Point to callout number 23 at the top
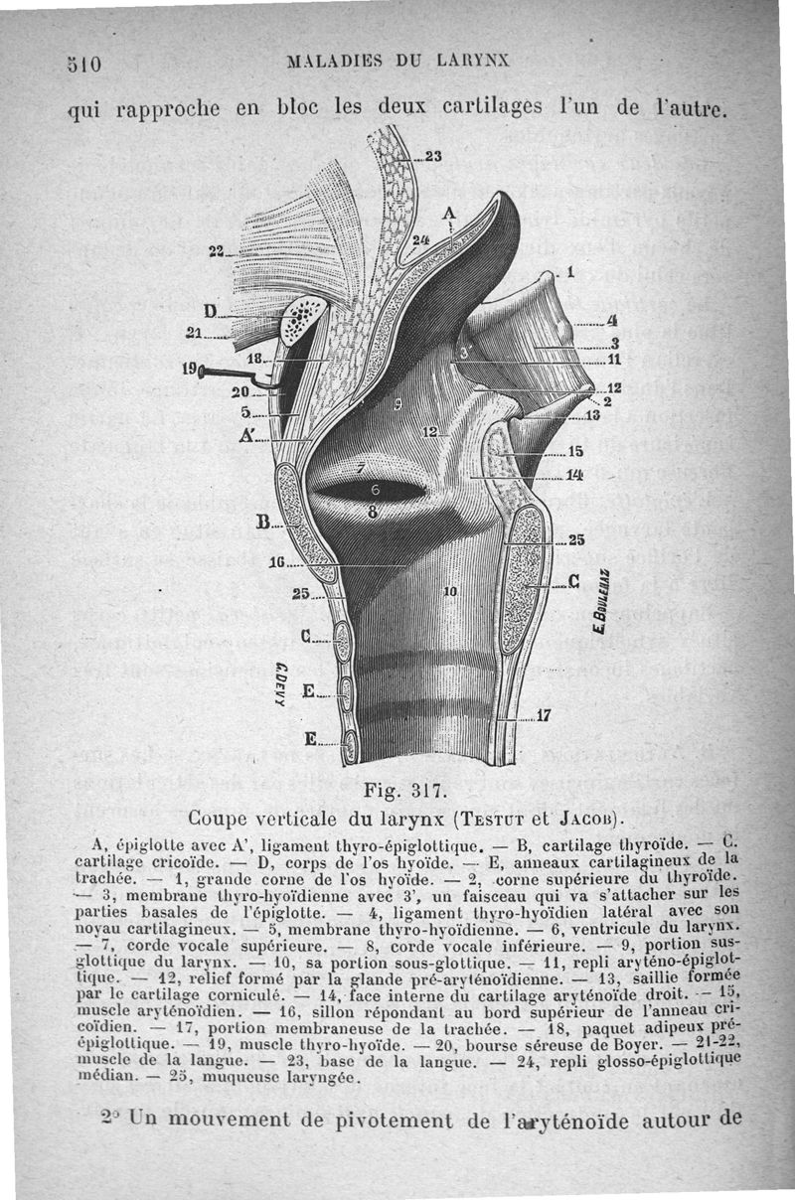pyautogui.click(x=432, y=155)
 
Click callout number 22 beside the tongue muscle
pyautogui.click(x=216, y=250)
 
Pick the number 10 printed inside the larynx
pyautogui.click(x=449, y=592)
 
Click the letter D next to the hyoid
pyautogui.click(x=210, y=310)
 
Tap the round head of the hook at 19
pyautogui.click(x=205, y=373)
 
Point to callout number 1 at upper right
pyautogui.click(x=570, y=268)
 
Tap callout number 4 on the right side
pyautogui.click(x=613, y=321)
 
